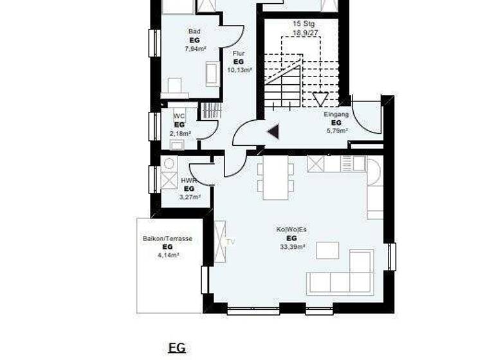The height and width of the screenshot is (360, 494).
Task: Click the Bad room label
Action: [x=194, y=31]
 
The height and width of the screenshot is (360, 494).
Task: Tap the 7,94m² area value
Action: [x=194, y=48]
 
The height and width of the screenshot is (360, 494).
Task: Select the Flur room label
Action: [x=238, y=53]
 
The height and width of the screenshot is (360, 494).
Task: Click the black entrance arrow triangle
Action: [x=273, y=132]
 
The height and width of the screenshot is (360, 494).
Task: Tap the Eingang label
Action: [x=336, y=114]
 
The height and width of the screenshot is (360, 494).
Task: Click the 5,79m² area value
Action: [x=336, y=130]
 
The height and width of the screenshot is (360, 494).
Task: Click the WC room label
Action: [x=179, y=116]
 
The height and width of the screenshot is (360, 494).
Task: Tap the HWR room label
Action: [x=188, y=181]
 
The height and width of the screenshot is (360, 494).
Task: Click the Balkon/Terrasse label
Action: [x=167, y=239]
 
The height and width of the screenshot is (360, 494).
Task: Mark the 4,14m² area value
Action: [x=168, y=255]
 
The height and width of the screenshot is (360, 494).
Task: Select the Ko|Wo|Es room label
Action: [x=292, y=230]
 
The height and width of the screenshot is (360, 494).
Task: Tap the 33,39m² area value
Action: [x=292, y=246]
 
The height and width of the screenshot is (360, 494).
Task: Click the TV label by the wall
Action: [x=230, y=242]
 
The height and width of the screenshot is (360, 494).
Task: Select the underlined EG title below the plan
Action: [x=176, y=348]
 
